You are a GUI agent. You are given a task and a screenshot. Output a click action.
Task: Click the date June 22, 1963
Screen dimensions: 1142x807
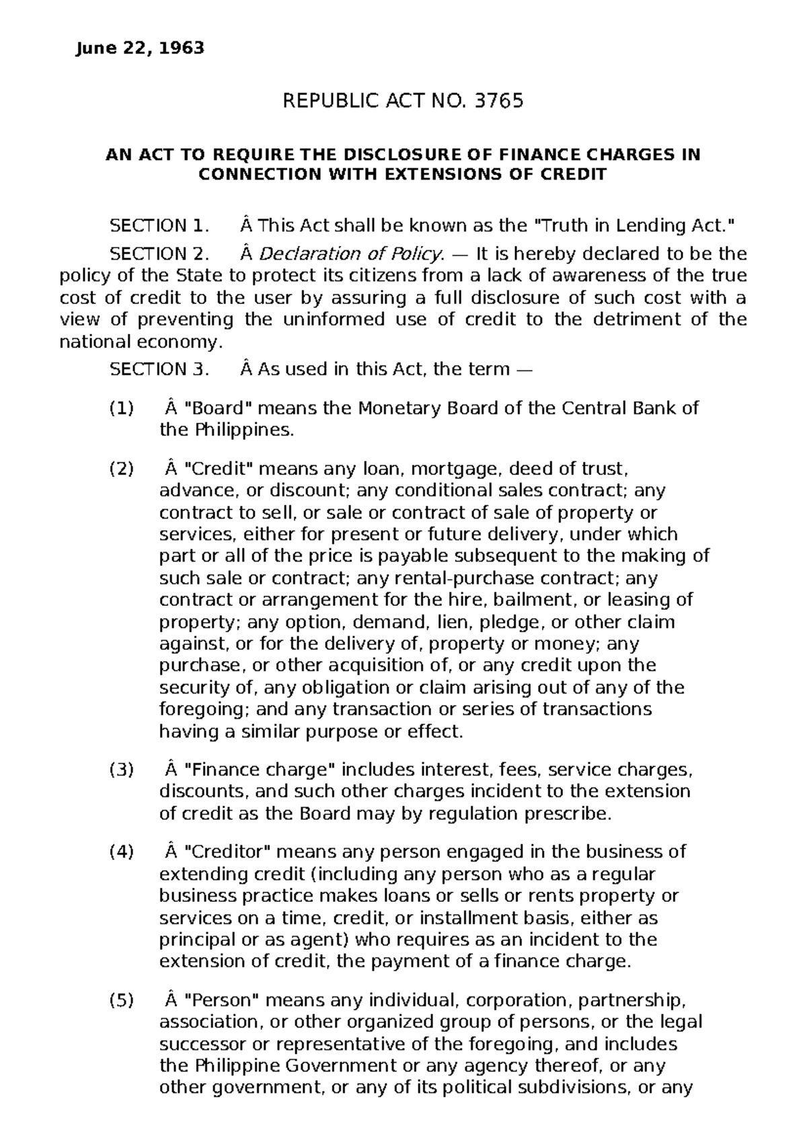pos(140,48)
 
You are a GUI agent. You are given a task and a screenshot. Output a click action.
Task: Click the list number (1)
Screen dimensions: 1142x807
pos(121,408)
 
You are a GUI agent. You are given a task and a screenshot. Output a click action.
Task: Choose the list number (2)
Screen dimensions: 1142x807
pos(121,469)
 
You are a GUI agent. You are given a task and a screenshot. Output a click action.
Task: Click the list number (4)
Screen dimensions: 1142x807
pos(121,851)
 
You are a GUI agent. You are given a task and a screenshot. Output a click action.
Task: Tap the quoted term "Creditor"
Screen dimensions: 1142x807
pos(227,851)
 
